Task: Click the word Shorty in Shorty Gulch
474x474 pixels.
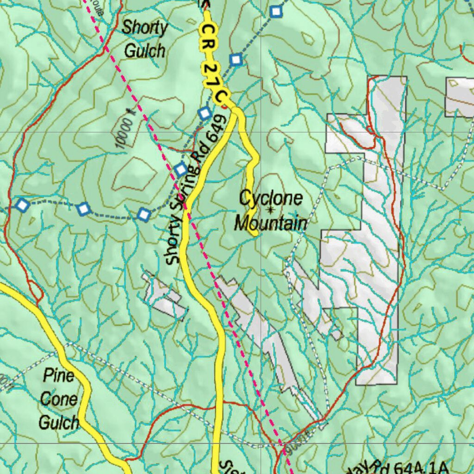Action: [144, 28]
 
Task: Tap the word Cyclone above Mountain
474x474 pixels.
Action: [271, 199]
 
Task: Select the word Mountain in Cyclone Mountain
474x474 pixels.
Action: [270, 224]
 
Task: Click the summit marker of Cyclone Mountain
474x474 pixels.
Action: [270, 210]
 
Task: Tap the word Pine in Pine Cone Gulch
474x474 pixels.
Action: [59, 375]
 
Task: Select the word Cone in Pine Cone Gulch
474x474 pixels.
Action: [59, 399]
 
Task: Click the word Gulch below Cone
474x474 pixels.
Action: [59, 422]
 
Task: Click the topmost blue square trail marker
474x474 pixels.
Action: [276, 12]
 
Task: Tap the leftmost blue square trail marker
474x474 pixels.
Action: [22, 205]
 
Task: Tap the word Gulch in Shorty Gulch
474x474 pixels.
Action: [144, 50]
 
